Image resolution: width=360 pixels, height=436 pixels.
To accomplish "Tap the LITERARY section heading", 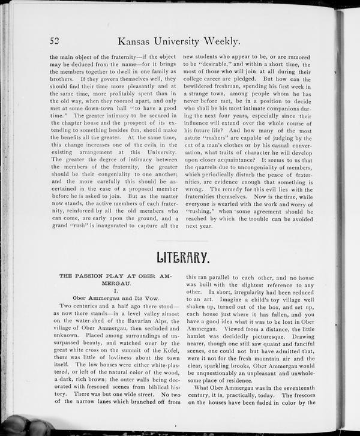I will pos(182,258).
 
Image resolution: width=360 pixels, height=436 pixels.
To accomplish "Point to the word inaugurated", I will pos(109,226).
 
